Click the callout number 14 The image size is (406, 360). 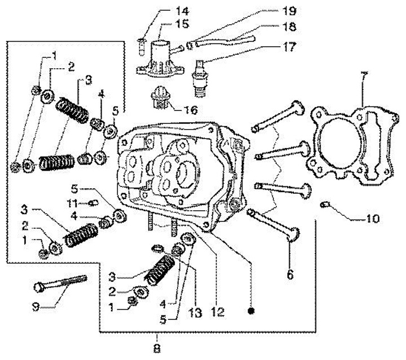167,10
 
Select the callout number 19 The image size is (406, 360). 290,10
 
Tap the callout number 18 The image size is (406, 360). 290,26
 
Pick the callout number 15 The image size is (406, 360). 167,24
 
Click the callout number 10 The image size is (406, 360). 372,217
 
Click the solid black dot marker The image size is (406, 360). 253,310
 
